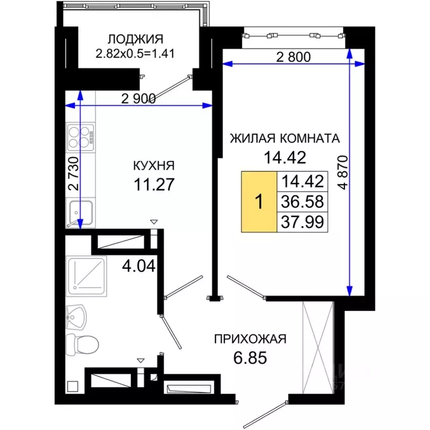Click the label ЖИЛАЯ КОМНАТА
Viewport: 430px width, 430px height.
coord(286,138)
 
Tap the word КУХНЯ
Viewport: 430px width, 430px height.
coord(153,166)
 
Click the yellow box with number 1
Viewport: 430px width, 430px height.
coord(259,202)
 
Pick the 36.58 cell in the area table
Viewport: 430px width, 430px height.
coord(302,201)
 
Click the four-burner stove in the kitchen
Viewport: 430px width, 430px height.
coord(81,137)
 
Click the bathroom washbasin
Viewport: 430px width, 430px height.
coord(76,317)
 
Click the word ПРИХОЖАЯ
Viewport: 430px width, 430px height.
coord(250,339)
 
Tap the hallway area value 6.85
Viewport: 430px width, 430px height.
coord(250,357)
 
